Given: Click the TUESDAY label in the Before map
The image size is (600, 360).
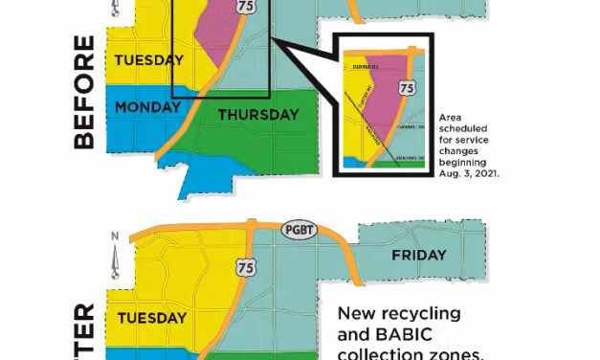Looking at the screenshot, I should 148,60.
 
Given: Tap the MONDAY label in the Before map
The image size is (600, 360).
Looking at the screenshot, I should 147,107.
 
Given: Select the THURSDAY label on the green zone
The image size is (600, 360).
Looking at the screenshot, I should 258,115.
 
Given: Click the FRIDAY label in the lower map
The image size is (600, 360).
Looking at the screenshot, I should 418,256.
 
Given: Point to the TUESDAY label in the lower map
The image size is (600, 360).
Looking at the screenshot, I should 150,317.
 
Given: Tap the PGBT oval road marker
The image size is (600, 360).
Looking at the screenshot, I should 295,231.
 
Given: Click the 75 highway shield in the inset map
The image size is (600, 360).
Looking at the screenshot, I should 408,87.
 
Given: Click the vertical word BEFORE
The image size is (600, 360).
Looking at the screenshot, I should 83,92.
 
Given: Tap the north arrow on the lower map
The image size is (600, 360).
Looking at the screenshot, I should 115,253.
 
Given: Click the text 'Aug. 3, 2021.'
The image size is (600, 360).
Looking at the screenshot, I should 469,175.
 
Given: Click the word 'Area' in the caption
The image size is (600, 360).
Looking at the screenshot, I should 449,118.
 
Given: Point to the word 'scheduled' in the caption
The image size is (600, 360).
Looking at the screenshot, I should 464,129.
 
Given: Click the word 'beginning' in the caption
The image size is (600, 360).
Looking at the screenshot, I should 464,164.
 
